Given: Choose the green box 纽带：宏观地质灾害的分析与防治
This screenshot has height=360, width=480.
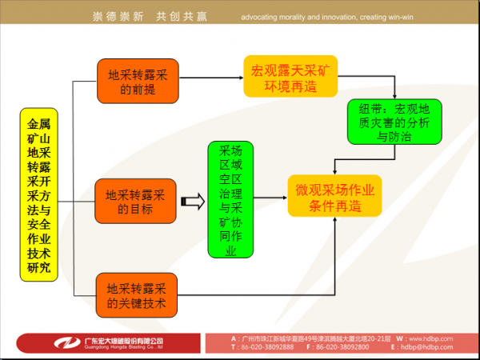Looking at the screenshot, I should pyautogui.click(x=393, y=123).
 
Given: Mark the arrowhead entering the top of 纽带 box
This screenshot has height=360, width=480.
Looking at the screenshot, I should pyautogui.click(x=393, y=97).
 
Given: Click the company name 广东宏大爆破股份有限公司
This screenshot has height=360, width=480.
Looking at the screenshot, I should pyautogui.click(x=126, y=341).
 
